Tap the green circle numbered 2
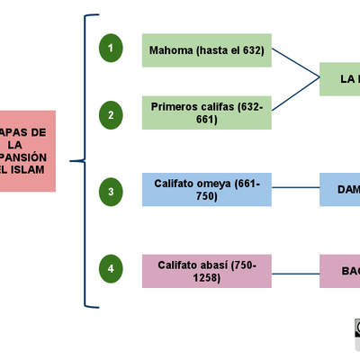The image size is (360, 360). pyautogui.click(x=111, y=113)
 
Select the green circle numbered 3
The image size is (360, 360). pyautogui.click(x=111, y=191)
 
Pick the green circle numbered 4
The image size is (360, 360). pyautogui.click(x=111, y=269)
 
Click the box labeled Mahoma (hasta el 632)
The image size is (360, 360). pyautogui.click(x=207, y=50)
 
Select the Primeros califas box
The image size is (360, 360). pyautogui.click(x=207, y=112)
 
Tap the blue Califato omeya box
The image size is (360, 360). pyautogui.click(x=207, y=190)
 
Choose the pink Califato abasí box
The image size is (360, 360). pyautogui.click(x=207, y=271)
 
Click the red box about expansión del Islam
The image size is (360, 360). pyautogui.click(x=27, y=150)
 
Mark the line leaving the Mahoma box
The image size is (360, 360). pyautogui.click(x=295, y=64)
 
